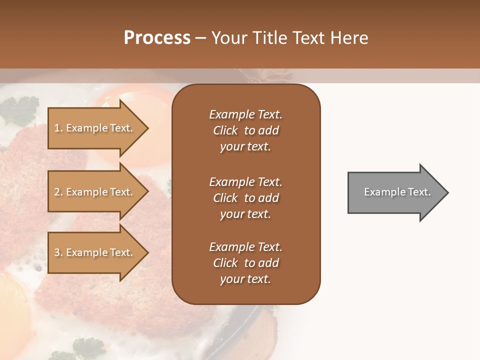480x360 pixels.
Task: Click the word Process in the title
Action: click(x=157, y=38)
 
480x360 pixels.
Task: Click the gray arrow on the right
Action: click(x=395, y=192)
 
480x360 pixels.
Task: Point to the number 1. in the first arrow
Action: click(x=58, y=128)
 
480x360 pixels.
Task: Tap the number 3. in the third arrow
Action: click(x=58, y=252)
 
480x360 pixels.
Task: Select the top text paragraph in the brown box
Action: click(x=245, y=130)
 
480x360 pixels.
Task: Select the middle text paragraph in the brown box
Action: click(x=245, y=198)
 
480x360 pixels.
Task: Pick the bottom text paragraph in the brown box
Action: click(x=245, y=263)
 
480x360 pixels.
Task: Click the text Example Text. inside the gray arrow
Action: click(x=397, y=192)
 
